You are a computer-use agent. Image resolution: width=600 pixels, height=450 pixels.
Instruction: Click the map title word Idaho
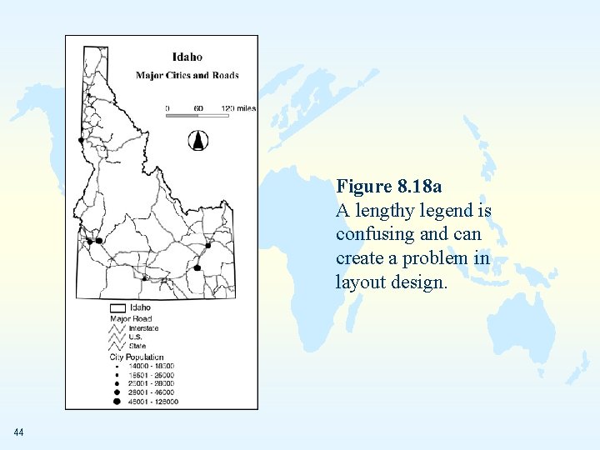[187, 57]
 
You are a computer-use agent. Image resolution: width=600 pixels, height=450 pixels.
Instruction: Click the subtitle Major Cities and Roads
[187, 75]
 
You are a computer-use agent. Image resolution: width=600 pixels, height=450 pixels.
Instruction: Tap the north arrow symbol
[197, 141]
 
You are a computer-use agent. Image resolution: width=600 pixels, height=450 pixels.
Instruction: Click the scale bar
[197, 117]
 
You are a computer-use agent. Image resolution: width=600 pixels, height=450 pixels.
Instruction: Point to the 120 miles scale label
[238, 108]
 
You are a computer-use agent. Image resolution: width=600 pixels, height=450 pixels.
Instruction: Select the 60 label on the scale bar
[198, 108]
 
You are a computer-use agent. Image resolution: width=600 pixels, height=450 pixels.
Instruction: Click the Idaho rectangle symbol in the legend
[117, 307]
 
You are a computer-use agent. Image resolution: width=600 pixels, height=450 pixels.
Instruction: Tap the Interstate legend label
[143, 328]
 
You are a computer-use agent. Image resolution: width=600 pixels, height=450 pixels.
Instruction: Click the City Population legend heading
[137, 357]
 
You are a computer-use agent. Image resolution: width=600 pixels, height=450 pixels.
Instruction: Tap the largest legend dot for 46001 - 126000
[117, 402]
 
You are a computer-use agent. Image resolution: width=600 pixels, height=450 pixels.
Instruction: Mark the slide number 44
[19, 432]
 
